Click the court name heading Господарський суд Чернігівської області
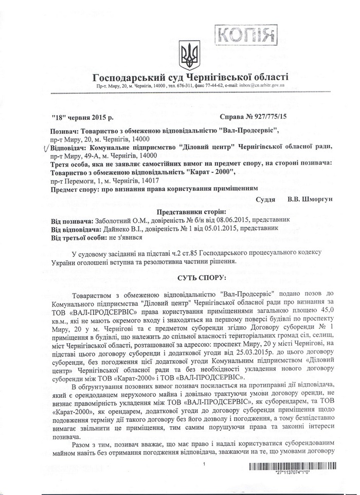190,77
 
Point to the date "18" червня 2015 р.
82,118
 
